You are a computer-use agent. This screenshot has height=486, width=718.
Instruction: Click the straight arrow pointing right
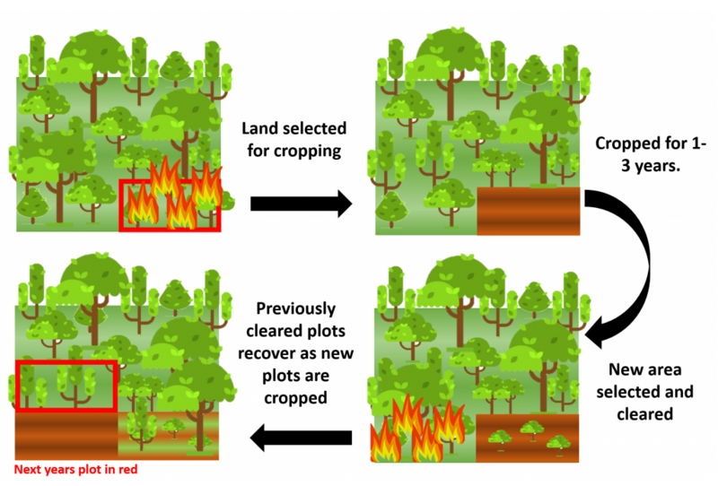301,204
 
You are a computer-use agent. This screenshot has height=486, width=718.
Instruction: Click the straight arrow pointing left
301,438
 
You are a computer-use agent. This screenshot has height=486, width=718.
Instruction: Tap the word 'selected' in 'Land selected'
316,128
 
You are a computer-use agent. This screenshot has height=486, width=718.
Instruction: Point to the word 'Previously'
296,308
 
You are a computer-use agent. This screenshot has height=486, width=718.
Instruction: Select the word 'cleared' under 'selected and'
644,414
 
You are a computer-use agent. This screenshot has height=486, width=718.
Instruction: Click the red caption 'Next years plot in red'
75,470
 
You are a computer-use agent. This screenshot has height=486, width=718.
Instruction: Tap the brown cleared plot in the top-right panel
529,211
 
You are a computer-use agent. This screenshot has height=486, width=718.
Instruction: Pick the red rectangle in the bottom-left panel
66,362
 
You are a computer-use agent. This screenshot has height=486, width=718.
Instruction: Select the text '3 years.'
650,166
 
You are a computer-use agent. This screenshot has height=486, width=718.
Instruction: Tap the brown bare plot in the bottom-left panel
66,435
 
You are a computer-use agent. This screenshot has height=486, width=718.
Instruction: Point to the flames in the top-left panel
174,195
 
